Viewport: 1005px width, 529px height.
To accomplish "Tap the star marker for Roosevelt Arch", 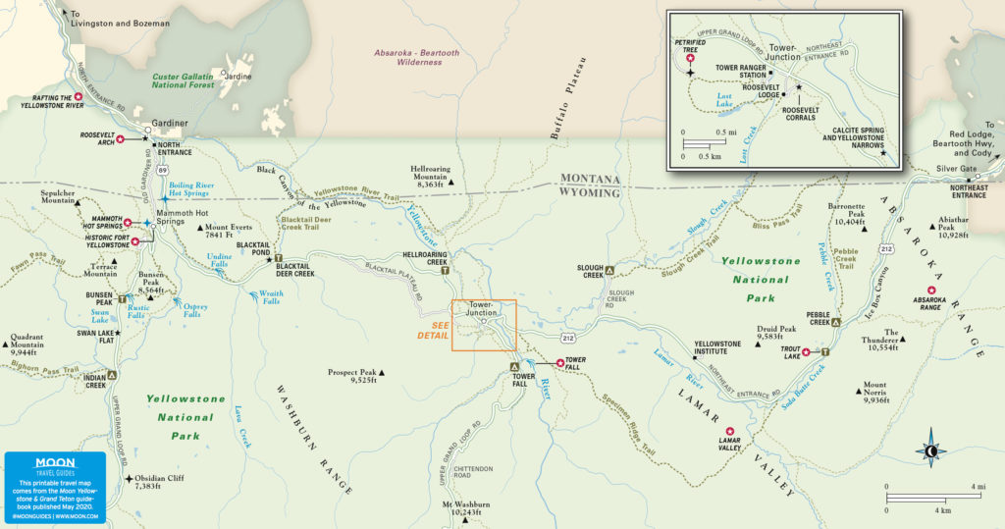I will pos(120,139).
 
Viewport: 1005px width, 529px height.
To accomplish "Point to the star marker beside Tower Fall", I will pos(560,363).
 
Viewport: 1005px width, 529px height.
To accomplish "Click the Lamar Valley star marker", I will pos(729,431).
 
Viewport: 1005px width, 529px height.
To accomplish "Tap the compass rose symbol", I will pos(930,450).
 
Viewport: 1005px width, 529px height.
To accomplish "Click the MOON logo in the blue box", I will pos(54,462).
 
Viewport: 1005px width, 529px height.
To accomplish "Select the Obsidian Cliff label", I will pos(159,481).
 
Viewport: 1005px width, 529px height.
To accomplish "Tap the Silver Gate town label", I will pos(956,168).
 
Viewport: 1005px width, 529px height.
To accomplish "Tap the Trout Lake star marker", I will pos(806,352).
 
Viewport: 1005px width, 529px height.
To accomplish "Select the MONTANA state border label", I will pos(590,179).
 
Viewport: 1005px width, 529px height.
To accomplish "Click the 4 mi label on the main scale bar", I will pos(978,487).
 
